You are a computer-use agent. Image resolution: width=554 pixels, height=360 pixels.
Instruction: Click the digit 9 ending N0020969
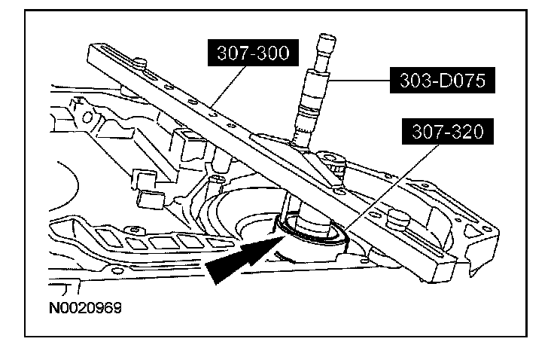click(117, 308)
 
